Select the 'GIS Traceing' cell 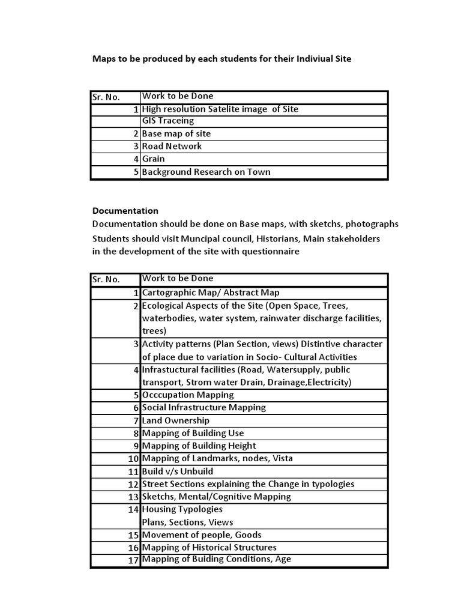point(168,121)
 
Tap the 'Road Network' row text point(172,146)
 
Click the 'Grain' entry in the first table point(153,159)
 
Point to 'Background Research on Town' point(206,172)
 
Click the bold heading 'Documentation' point(125,211)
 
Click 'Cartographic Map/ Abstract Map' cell point(211,293)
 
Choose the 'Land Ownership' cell point(176,420)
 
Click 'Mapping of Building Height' point(199,446)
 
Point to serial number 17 point(133,560)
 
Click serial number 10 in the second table point(133,459)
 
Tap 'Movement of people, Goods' point(202,535)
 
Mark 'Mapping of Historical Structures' point(209,547)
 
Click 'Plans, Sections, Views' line point(187,522)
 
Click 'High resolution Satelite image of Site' point(220,109)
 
